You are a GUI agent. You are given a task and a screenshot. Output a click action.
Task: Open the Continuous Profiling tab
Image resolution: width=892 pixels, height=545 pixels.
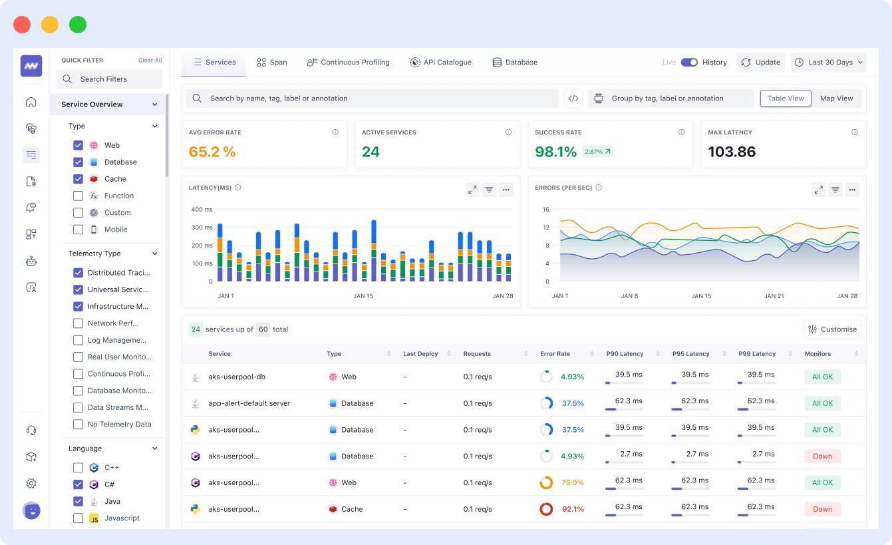(x=349, y=63)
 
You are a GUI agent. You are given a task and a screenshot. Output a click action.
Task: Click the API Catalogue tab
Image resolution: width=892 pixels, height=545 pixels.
(x=441, y=63)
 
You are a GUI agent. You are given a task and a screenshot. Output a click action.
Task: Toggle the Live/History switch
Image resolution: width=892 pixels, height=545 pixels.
(x=689, y=63)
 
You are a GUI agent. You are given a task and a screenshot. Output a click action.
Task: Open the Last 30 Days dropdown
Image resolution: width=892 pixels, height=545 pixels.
(x=829, y=63)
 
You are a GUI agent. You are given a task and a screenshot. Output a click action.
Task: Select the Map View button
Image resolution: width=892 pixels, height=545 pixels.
(x=836, y=98)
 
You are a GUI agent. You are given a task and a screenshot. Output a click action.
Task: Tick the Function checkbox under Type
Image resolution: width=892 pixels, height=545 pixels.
(x=78, y=196)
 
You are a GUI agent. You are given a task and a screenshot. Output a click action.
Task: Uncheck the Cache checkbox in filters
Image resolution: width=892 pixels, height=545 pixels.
(x=78, y=179)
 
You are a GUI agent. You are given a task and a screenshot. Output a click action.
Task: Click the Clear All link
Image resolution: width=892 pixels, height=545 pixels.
(x=150, y=61)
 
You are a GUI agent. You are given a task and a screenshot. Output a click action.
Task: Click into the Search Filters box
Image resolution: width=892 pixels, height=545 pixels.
(x=110, y=79)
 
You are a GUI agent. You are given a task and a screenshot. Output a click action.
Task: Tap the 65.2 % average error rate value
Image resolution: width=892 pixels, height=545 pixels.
(x=212, y=152)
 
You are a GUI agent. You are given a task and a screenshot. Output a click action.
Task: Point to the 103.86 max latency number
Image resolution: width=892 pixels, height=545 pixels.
(x=732, y=152)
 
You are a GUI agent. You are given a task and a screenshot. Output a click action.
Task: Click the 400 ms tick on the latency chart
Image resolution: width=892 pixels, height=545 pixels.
(x=202, y=210)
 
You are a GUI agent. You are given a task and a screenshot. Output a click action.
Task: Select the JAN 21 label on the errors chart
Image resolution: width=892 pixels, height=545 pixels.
(x=774, y=296)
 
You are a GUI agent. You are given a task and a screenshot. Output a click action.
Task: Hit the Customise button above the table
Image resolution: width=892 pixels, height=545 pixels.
(x=832, y=329)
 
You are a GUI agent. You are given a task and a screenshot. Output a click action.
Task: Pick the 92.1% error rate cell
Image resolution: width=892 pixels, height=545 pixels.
(x=572, y=509)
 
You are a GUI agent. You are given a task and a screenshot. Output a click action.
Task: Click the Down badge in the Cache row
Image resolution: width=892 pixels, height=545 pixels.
(x=822, y=509)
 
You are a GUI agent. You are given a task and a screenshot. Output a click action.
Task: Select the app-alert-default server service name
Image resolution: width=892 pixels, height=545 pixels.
(x=249, y=403)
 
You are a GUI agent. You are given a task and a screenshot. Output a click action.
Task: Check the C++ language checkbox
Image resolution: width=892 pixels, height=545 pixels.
(x=78, y=468)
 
